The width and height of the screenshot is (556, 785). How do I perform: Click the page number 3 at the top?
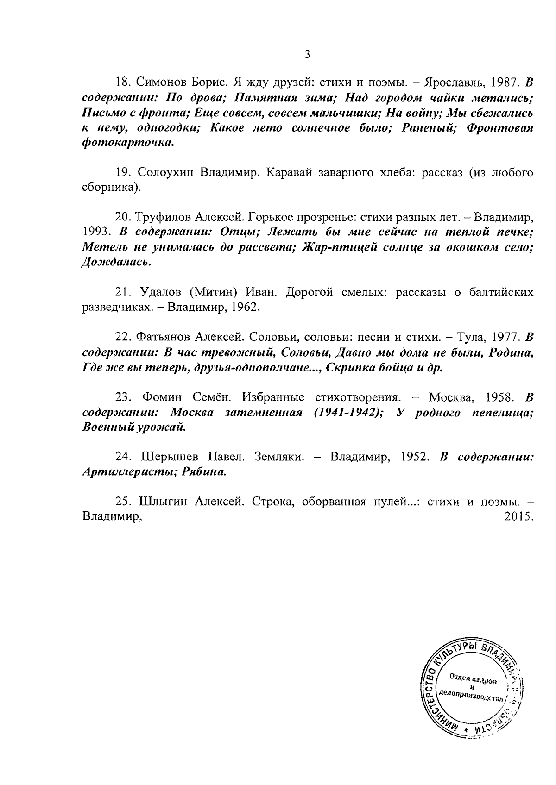coord(307,55)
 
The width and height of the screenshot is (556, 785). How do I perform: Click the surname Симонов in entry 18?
coord(158,83)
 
